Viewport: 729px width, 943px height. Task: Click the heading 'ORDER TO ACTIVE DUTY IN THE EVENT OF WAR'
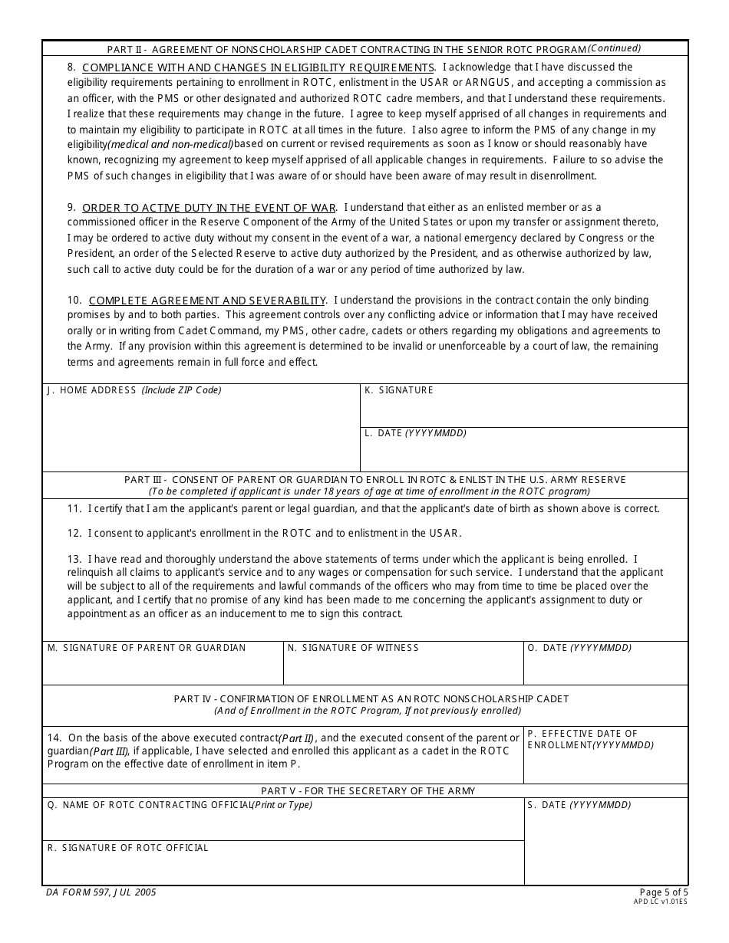pyautogui.click(x=209, y=208)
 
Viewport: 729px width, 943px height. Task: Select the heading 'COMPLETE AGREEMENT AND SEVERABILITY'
pyautogui.click(x=207, y=301)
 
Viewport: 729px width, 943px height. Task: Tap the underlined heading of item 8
pyautogui.click(x=258, y=67)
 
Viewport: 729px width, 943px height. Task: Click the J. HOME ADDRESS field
pyautogui.click(x=200, y=433)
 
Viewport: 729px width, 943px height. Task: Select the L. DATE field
pyautogui.click(x=523, y=454)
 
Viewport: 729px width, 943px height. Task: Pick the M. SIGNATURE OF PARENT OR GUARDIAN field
pyautogui.click(x=163, y=669)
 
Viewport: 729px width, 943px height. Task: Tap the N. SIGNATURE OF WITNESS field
pyautogui.click(x=403, y=669)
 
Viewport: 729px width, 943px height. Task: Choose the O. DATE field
pyautogui.click(x=605, y=669)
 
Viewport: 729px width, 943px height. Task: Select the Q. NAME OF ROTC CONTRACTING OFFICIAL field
pyautogui.click(x=282, y=825)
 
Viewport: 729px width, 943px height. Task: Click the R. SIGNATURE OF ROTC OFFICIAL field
pyautogui.click(x=282, y=868)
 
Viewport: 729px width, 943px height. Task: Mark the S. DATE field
pyautogui.click(x=605, y=847)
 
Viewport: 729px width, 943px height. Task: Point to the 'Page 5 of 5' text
pyautogui.click(x=664, y=892)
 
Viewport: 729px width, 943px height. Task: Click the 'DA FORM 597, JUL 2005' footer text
pyautogui.click(x=101, y=892)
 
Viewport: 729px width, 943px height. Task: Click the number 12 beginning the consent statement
pyautogui.click(x=74, y=533)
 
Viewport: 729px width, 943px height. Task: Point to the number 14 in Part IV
pyautogui.click(x=54, y=738)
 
